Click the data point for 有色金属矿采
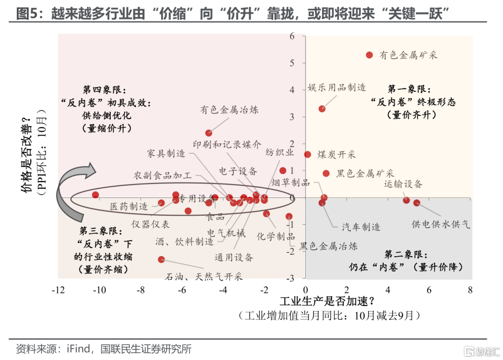click(x=369, y=55)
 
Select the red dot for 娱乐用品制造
click(x=322, y=109)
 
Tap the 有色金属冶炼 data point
click(x=209, y=133)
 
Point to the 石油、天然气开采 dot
click(x=162, y=259)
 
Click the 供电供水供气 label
click(x=441, y=224)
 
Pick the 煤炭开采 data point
click(x=307, y=154)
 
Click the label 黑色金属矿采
click(x=365, y=173)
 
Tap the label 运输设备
click(x=403, y=184)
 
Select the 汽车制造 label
click(x=361, y=227)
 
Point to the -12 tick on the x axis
click(x=58, y=290)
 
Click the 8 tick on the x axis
click(x=470, y=290)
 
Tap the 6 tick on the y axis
click(x=292, y=36)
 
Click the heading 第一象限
click(x=409, y=89)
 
